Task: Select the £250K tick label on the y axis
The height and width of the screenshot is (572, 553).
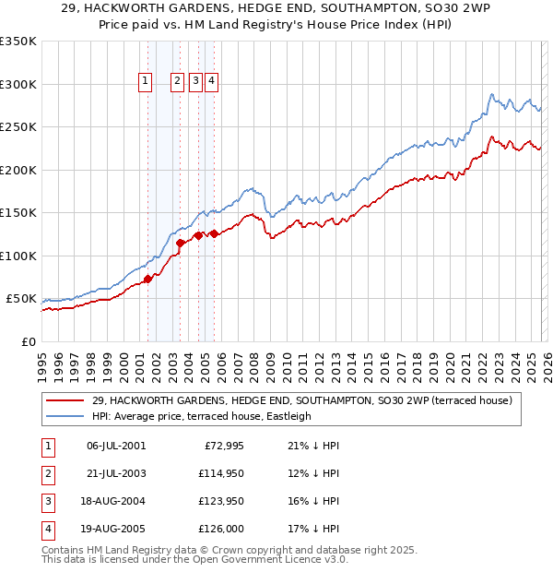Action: click(x=18, y=127)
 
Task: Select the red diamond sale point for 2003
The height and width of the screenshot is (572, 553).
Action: click(x=181, y=243)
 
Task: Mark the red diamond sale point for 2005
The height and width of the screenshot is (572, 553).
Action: click(x=214, y=233)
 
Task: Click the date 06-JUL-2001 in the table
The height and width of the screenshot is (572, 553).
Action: click(x=116, y=446)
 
